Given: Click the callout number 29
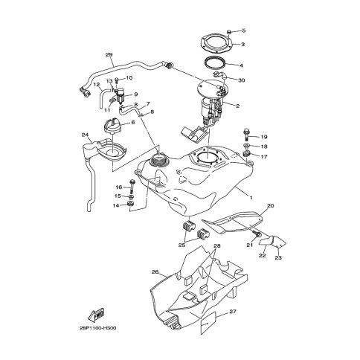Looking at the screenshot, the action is [109, 54].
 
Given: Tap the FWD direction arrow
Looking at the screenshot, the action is [96, 315].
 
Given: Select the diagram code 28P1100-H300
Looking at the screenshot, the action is [98, 328].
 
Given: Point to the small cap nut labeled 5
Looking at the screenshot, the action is [229, 32].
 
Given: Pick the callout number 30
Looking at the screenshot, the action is [242, 80].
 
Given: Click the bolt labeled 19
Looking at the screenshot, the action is [246, 135].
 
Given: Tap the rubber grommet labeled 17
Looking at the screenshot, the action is [247, 154].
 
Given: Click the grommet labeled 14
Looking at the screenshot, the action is [130, 205].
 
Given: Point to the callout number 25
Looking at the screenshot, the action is [181, 245].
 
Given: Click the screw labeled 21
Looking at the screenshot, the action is [257, 234].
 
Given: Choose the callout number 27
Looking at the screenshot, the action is [233, 312].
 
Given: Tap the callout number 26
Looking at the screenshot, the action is [155, 272].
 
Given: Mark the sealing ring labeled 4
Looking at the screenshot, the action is [215, 63].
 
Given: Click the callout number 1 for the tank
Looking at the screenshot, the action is [251, 198].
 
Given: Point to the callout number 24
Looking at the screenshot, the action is [85, 135].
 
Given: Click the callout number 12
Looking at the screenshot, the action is [97, 84].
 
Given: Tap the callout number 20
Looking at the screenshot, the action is [271, 205].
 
